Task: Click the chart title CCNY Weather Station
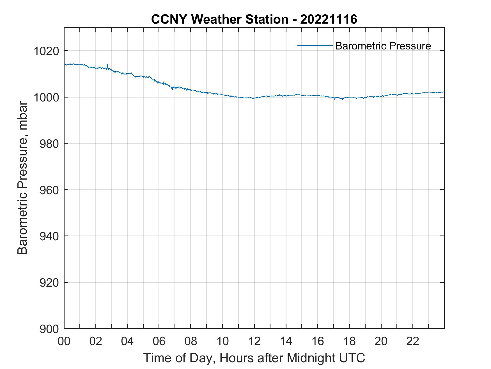(x=219, y=19)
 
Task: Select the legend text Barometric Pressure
(x=383, y=46)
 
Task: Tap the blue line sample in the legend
(x=315, y=45)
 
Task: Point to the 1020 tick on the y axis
(x=46, y=51)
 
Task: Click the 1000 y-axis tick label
(x=46, y=98)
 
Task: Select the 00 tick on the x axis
(x=64, y=341)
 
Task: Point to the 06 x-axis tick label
(x=159, y=341)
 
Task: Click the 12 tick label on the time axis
(x=254, y=341)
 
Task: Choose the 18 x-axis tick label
(x=349, y=341)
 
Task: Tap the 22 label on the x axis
(x=413, y=341)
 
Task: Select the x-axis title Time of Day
(x=254, y=358)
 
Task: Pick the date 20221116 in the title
(x=329, y=19)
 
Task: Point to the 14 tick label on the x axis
(x=286, y=341)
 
